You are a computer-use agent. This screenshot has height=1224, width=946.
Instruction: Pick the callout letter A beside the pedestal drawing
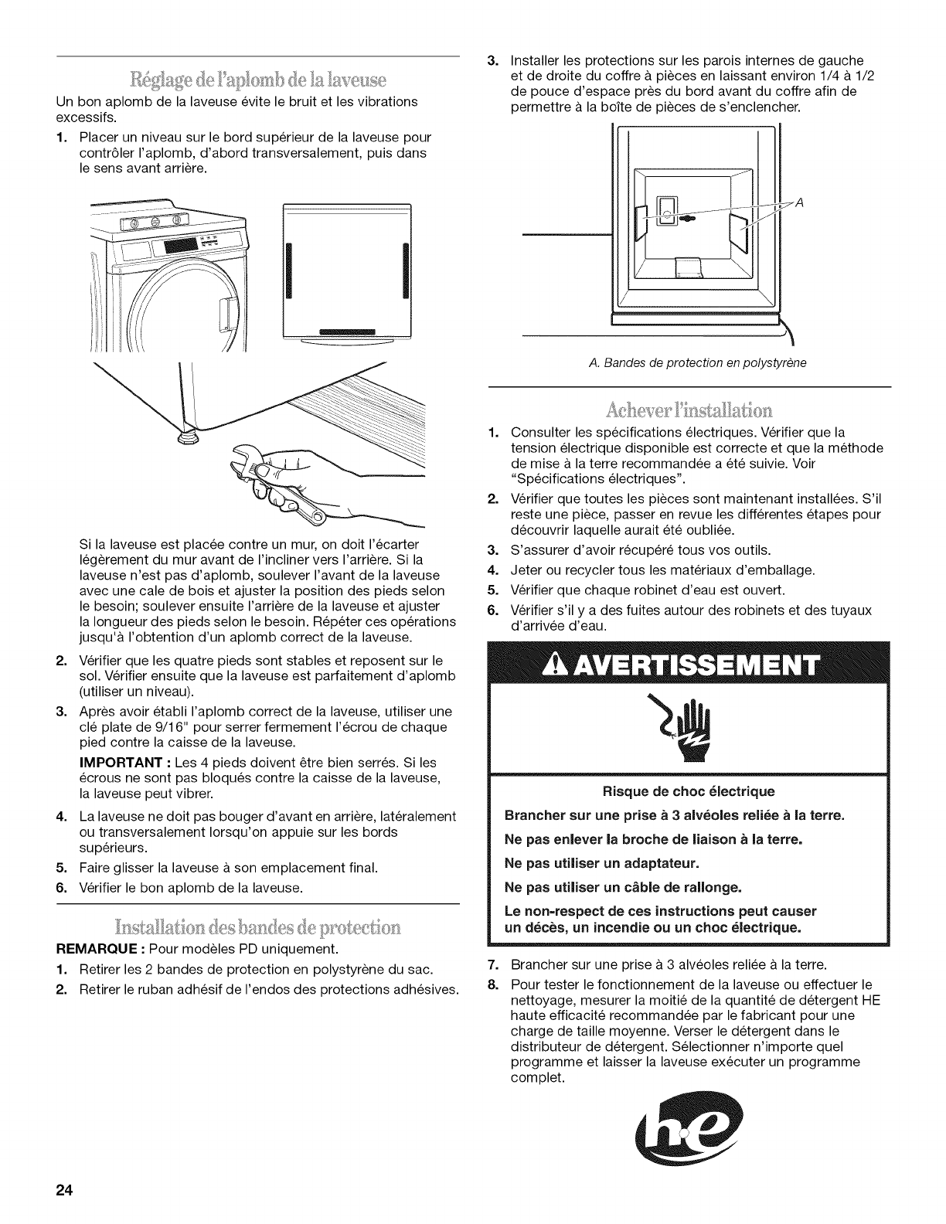pos(800,204)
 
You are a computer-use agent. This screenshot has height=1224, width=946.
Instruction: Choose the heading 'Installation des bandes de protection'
pos(258,926)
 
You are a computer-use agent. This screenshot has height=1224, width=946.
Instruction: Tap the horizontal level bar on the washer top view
pos(345,332)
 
